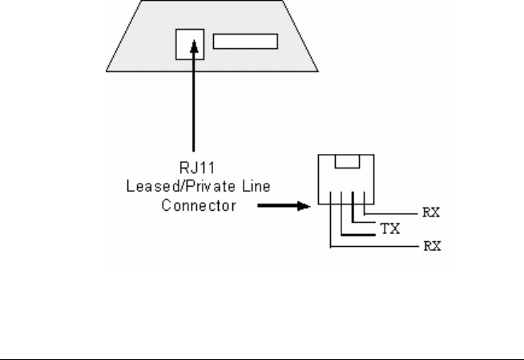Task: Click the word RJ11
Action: click(192, 172)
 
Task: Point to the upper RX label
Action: click(430, 214)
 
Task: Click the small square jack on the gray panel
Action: click(189, 46)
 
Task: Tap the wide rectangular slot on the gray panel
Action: click(245, 42)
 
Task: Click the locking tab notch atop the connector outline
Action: click(347, 163)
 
